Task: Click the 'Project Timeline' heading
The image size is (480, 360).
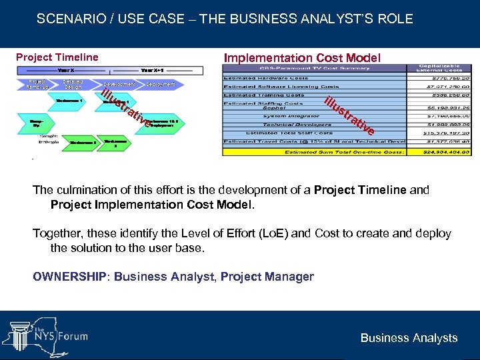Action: (x=57, y=57)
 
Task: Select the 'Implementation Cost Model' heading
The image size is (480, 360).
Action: (x=302, y=58)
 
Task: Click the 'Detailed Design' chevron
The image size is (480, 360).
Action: (x=73, y=85)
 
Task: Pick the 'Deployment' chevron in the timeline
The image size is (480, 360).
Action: (x=160, y=85)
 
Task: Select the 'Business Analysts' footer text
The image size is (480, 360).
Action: (x=409, y=338)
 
